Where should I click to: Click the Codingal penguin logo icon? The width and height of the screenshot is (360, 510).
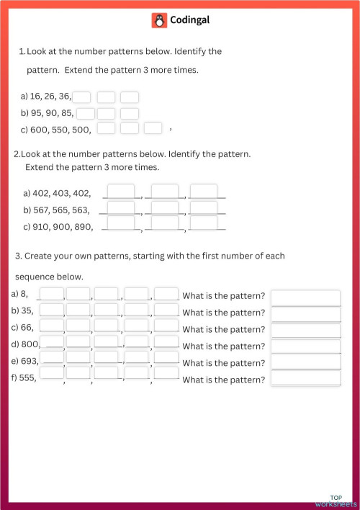[159, 21]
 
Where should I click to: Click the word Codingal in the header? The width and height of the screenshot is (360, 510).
[189, 21]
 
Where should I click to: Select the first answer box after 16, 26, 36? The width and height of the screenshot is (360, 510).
[82, 97]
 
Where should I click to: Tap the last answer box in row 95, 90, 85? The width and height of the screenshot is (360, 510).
[130, 113]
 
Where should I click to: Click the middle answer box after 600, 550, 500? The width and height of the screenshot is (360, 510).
[130, 129]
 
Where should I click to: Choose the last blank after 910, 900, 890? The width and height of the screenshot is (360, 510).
[204, 225]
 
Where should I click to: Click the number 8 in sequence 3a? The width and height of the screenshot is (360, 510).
[24, 294]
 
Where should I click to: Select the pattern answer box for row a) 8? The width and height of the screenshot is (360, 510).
[305, 297]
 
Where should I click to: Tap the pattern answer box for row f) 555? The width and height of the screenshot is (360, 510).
[305, 378]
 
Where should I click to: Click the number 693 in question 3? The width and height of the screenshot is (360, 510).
[30, 359]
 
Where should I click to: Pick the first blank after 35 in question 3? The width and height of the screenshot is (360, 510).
[52, 310]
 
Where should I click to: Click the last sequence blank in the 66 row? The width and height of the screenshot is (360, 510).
[166, 326]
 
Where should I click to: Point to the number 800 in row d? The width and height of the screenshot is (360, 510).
[31, 344]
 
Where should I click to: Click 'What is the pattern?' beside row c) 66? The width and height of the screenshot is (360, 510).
[223, 329]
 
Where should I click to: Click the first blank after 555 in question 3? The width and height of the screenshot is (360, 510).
[52, 375]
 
